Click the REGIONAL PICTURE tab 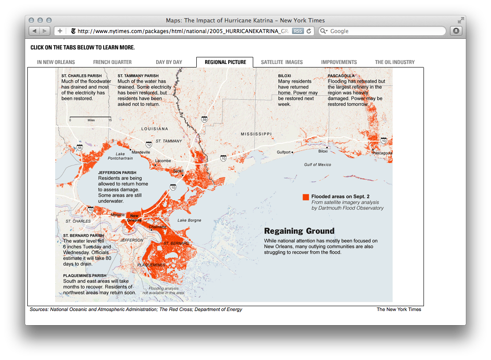coord(225,62)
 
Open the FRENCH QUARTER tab coord(112,62)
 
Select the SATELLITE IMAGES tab coord(282,62)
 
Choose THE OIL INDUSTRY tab coord(395,62)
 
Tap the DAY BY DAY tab coord(169,62)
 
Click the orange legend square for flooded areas coord(306,197)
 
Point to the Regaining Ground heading coord(299,231)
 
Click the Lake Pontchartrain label coord(120,156)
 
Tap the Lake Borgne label coord(189,220)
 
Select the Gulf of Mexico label coord(317,165)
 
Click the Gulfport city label coord(284,152)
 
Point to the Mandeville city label coord(141,152)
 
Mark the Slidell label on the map coord(178,170)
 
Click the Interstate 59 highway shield coord(204,120)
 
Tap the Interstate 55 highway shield coord(79,148)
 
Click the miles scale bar coord(90,117)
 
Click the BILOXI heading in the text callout coord(285,76)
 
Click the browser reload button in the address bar coord(309,31)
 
